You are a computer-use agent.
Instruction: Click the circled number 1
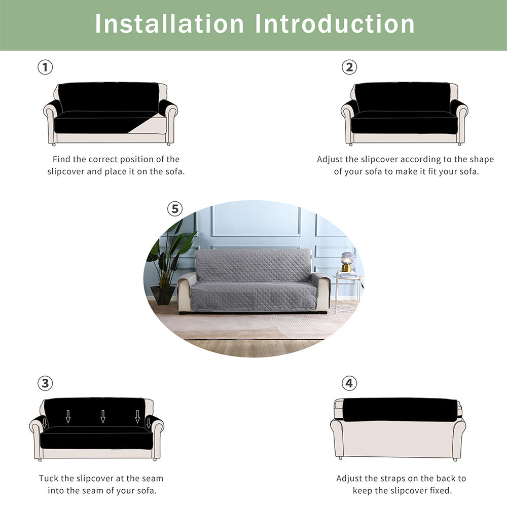click(x=45, y=67)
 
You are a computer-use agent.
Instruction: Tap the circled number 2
click(x=349, y=67)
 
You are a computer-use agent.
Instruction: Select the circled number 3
click(x=45, y=383)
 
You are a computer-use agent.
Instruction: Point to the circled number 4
click(x=349, y=383)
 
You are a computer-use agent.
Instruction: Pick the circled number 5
click(x=175, y=209)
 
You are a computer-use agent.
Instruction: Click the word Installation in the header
click(x=169, y=24)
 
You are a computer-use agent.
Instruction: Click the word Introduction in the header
click(x=335, y=24)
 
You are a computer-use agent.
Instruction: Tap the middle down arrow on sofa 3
click(x=103, y=416)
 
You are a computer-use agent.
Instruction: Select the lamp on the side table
click(x=347, y=262)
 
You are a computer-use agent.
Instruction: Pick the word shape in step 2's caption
click(x=482, y=160)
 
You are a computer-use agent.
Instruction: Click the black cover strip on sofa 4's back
click(x=401, y=410)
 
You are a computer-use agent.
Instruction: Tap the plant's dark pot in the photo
click(x=163, y=296)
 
